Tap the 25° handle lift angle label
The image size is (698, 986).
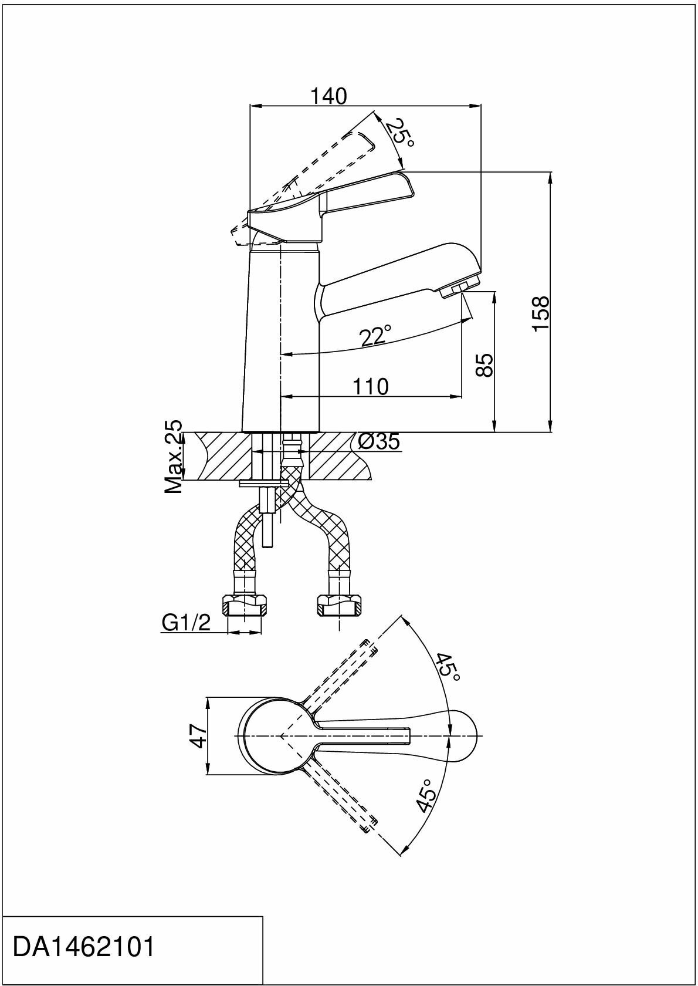click(x=399, y=133)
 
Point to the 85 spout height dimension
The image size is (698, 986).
click(x=485, y=364)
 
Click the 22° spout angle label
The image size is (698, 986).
click(x=375, y=336)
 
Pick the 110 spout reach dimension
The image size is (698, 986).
click(x=370, y=386)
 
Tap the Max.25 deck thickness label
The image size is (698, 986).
click(x=173, y=456)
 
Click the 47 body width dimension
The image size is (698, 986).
click(x=199, y=735)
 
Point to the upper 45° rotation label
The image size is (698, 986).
click(x=447, y=667)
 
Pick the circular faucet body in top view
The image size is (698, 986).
click(x=273, y=735)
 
